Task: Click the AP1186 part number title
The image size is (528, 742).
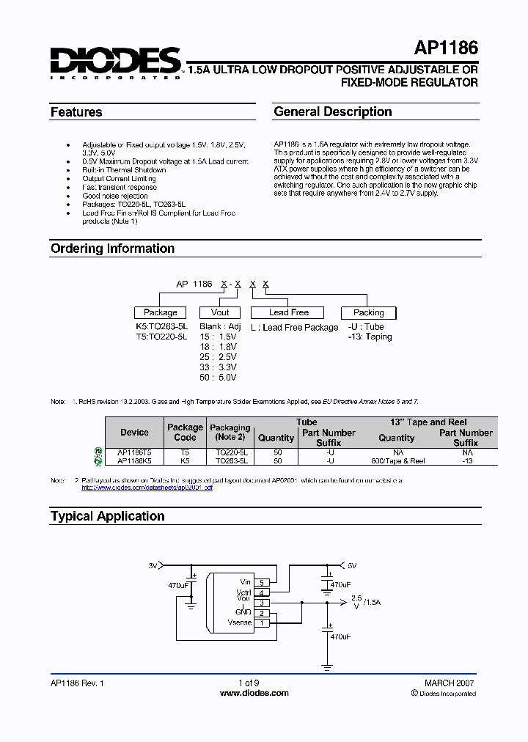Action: click(x=446, y=49)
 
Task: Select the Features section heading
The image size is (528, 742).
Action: click(x=76, y=112)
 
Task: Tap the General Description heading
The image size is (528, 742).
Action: click(x=332, y=111)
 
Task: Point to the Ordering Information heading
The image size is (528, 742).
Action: click(x=112, y=249)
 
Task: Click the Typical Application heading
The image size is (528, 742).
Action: click(x=107, y=516)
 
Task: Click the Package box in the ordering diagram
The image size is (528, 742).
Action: click(x=161, y=312)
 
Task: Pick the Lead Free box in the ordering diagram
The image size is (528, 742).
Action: click(x=289, y=312)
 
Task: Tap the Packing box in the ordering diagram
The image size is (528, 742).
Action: click(x=369, y=312)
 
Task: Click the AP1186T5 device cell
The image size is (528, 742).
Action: click(x=134, y=453)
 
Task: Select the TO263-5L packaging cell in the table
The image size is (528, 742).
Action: click(x=230, y=462)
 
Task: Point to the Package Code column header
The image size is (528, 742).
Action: click(x=185, y=433)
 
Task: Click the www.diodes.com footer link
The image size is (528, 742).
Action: click(x=255, y=693)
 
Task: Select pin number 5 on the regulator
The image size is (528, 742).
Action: click(x=262, y=582)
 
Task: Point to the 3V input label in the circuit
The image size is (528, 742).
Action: click(x=153, y=565)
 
